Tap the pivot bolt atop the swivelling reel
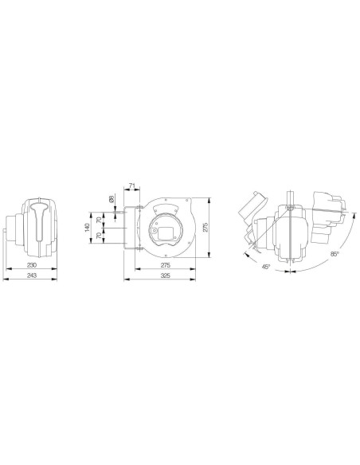pos(291,209)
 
